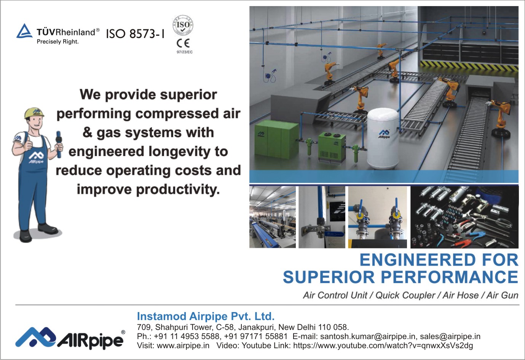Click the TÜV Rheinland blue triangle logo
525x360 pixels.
pyautogui.click(x=24, y=31)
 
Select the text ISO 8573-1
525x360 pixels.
pyautogui.click(x=135, y=34)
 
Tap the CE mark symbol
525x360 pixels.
pyautogui.click(x=183, y=43)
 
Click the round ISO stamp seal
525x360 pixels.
pyautogui.click(x=183, y=25)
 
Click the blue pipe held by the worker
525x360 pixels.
pyautogui.click(x=59, y=144)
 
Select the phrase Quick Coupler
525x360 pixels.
pyautogui.click(x=405, y=295)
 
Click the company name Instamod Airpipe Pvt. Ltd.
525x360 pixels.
pyautogui.click(x=206, y=316)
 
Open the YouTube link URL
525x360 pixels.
pyautogui.click(x=383, y=346)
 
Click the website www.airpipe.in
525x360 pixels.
pyautogui.click(x=183, y=346)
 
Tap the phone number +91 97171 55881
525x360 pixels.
pyautogui.click(x=256, y=336)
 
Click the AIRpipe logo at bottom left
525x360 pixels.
pyautogui.click(x=70, y=338)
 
